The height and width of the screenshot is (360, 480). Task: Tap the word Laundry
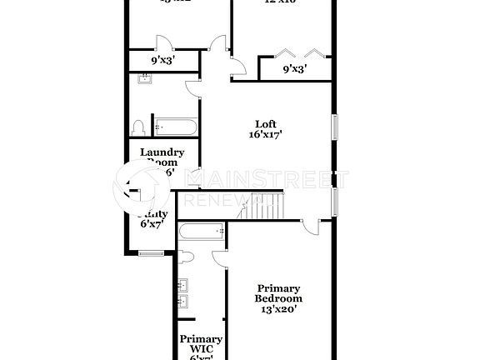click(162, 152)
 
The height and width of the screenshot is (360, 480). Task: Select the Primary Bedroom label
click(278, 292)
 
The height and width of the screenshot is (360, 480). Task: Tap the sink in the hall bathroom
click(146, 79)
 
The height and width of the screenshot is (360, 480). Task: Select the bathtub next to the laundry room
click(175, 127)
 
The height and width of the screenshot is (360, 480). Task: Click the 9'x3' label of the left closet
click(162, 61)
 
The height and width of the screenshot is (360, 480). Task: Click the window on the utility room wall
click(150, 254)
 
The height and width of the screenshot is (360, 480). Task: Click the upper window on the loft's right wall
click(335, 126)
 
